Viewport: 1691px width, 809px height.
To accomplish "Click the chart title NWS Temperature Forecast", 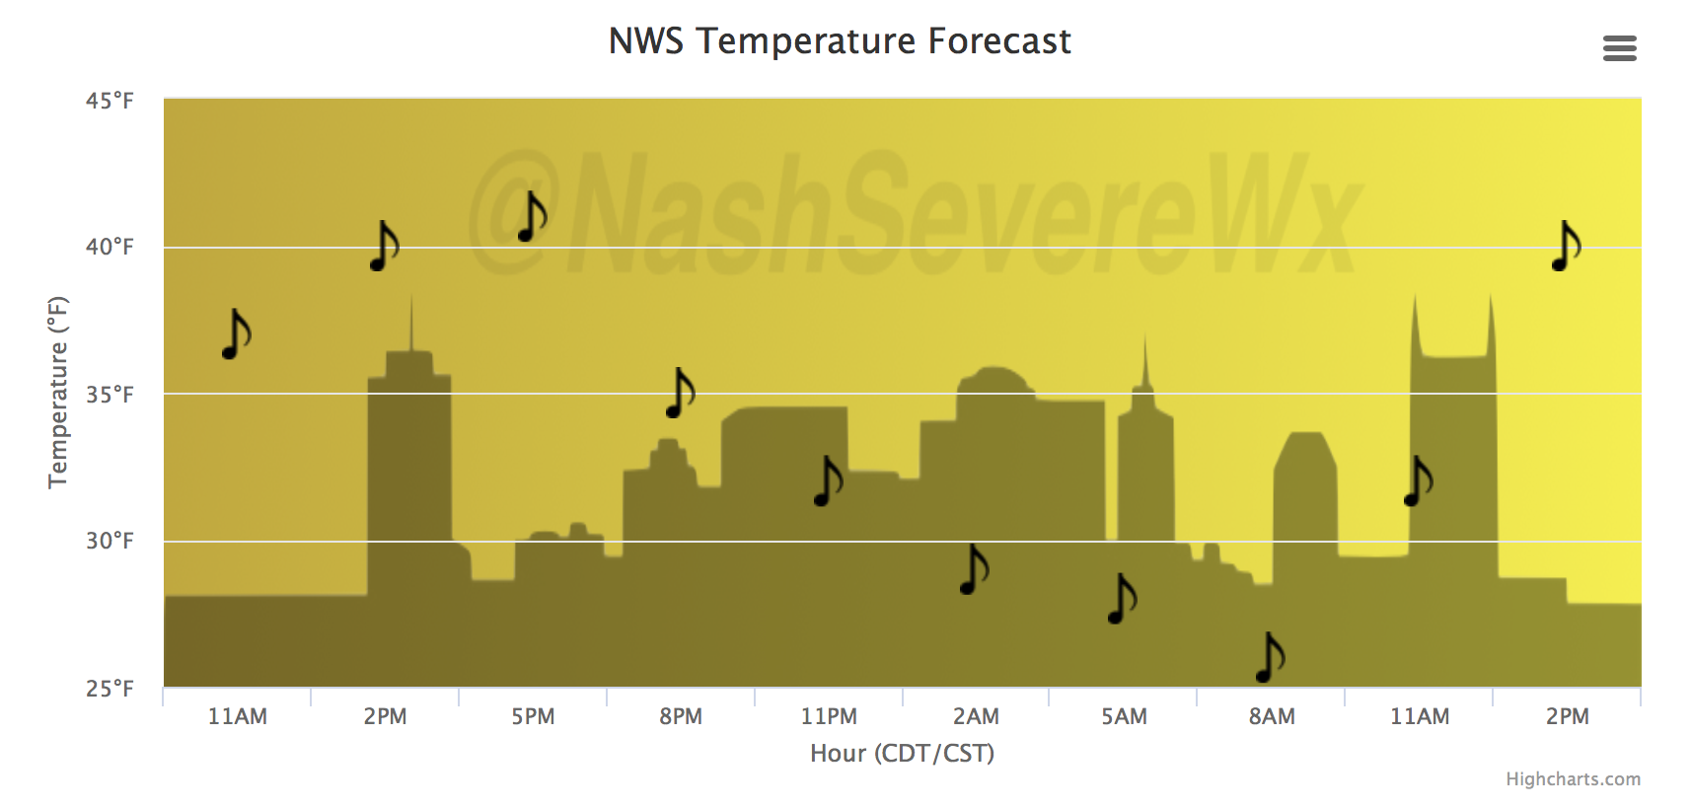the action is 840,40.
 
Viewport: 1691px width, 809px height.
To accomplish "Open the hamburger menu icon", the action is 1619,48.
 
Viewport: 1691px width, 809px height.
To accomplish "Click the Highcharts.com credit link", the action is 1573,778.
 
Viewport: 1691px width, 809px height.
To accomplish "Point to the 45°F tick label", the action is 110,101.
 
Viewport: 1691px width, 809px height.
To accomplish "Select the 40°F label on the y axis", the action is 110,247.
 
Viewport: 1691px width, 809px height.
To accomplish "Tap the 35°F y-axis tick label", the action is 110,394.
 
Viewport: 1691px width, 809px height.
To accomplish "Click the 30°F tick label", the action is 110,541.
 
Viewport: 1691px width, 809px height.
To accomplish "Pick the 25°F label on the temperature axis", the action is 110,688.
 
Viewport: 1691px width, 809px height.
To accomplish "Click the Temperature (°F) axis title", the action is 58,393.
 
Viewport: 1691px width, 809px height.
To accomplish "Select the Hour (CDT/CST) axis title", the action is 902,753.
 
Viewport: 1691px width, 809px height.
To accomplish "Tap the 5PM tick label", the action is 533,716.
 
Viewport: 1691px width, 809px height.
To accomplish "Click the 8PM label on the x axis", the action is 680,716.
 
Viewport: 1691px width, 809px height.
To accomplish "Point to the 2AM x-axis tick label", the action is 976,716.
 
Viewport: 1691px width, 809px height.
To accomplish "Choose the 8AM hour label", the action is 1272,716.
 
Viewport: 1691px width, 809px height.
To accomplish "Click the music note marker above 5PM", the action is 532,216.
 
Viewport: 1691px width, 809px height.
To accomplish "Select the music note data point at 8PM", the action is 680,393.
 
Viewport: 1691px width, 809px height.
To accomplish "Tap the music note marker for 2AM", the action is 975,569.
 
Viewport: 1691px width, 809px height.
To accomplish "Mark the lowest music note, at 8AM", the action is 1270,657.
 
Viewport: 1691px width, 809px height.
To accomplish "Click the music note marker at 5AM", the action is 1122,599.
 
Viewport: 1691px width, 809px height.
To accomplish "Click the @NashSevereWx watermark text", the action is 915,213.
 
